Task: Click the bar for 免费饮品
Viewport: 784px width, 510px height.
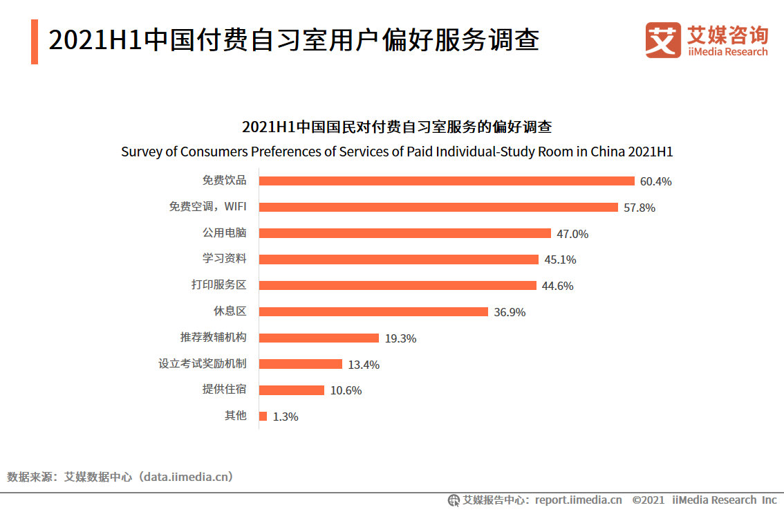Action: tap(447, 181)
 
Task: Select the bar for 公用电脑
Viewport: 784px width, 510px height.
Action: tap(405, 233)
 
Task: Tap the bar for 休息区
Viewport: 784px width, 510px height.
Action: tap(373, 312)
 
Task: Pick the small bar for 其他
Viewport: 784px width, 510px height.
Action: tap(263, 417)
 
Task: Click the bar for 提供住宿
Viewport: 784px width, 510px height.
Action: tap(292, 390)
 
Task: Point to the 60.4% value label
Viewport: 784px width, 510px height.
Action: tap(655, 182)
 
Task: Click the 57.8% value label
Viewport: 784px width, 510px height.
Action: tap(639, 208)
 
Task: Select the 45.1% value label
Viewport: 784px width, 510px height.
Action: tap(560, 260)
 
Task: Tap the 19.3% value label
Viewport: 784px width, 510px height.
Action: tap(400, 338)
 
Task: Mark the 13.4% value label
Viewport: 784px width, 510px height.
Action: tap(364, 365)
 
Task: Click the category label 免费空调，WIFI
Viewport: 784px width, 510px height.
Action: tap(207, 207)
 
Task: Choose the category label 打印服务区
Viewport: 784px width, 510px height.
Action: tap(218, 285)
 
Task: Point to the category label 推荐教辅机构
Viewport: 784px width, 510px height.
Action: tap(213, 338)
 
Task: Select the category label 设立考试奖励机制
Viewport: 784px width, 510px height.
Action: tap(202, 364)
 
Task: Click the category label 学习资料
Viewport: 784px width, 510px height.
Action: tap(224, 259)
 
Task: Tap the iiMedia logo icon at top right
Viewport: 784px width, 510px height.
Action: tap(663, 40)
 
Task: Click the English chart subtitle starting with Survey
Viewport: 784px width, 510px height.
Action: tap(397, 152)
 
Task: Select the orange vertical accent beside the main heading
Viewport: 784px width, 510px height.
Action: tap(35, 42)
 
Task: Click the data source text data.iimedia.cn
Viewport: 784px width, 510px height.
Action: tap(185, 477)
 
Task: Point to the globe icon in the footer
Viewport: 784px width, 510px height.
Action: tap(454, 500)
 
